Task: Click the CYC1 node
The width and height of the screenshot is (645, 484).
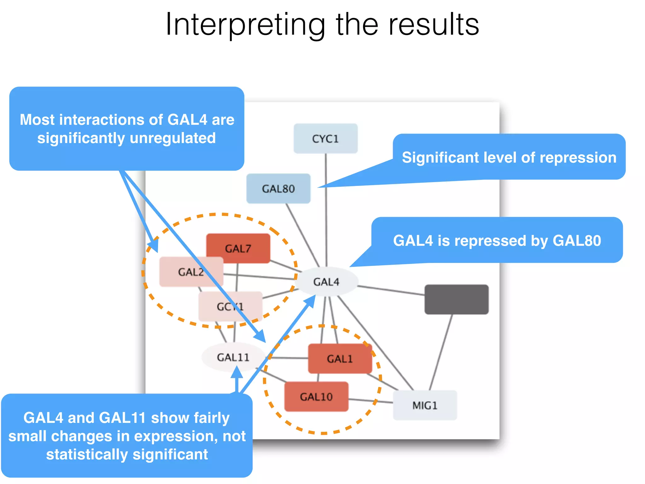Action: [x=325, y=139]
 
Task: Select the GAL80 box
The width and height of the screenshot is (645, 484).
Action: [x=278, y=188]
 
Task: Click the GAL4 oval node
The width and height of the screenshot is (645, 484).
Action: [x=326, y=281]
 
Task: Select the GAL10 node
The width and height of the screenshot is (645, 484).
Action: [x=316, y=396]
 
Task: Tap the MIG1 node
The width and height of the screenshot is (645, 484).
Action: [x=425, y=405]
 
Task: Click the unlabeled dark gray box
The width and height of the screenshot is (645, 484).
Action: [x=456, y=299]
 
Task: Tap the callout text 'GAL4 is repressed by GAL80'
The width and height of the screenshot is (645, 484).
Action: [x=497, y=240]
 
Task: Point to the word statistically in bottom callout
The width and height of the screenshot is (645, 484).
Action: [x=87, y=454]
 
